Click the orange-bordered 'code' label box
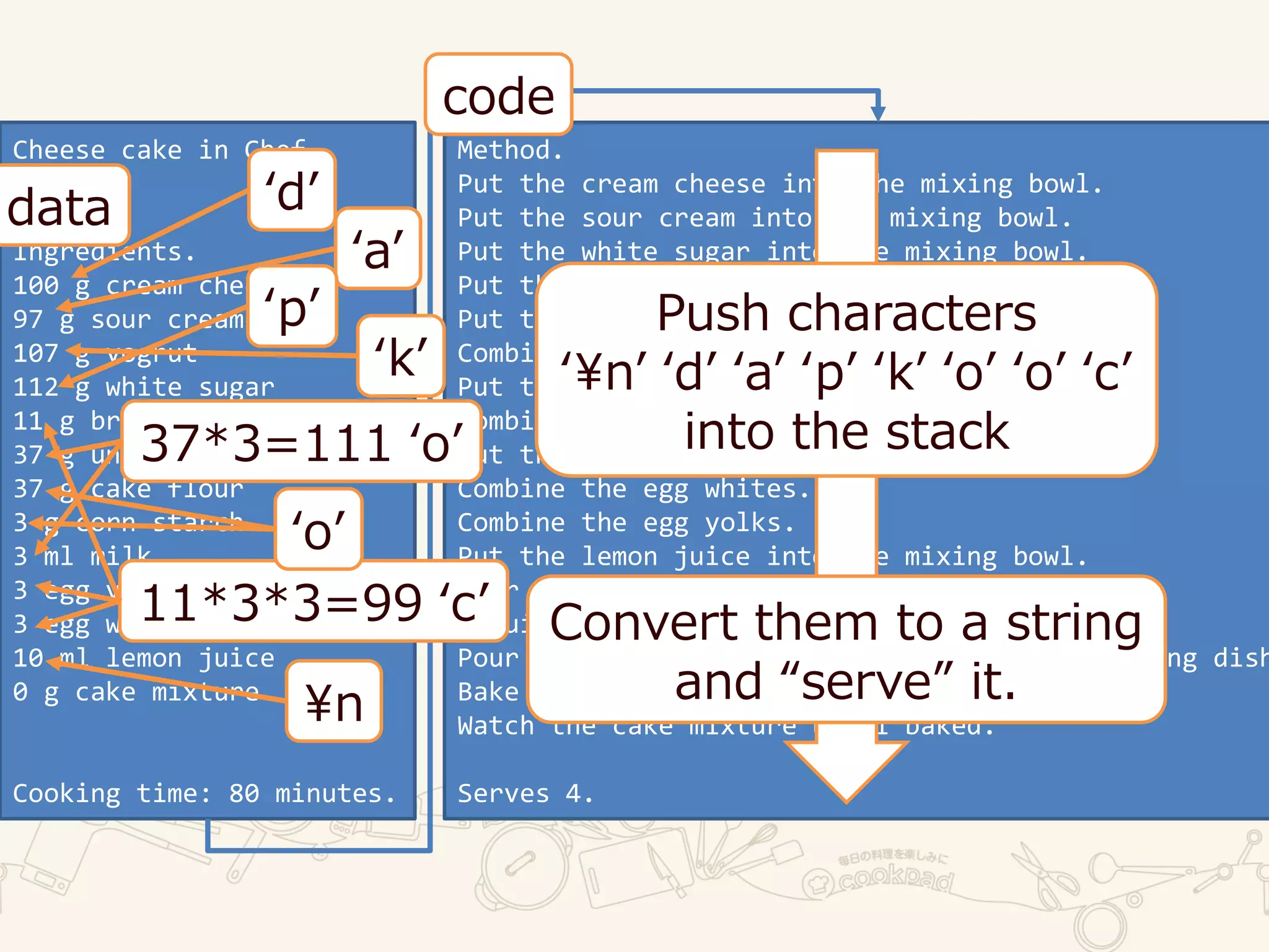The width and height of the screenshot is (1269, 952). [498, 95]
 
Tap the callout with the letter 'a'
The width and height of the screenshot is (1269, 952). [378, 249]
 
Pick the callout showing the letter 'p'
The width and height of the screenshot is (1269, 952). [292, 306]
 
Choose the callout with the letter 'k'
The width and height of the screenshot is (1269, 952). [401, 356]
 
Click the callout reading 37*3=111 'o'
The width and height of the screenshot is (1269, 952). [302, 442]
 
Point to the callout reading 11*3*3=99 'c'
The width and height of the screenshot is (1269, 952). [314, 602]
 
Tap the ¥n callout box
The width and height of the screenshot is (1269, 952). [334, 702]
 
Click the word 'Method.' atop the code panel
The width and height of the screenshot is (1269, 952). [509, 150]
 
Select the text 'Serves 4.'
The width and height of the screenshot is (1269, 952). [525, 793]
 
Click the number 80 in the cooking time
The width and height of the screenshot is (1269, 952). [244, 793]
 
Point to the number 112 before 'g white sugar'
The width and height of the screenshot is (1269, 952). [36, 387]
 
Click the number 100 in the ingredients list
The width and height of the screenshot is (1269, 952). [36, 286]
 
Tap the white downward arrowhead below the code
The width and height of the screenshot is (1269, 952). [846, 769]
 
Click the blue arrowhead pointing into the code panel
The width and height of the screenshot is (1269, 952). [878, 113]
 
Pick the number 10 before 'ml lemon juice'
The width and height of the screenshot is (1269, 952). [28, 658]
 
